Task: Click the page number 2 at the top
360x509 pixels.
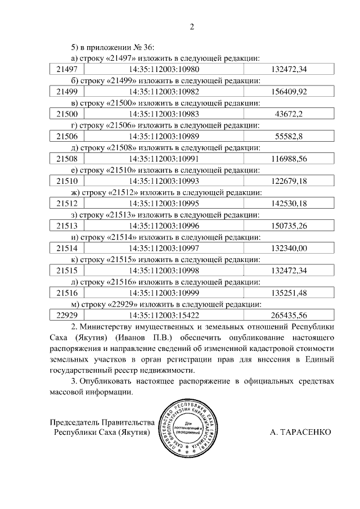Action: pos(191,26)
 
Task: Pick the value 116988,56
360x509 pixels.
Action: pos(289,159)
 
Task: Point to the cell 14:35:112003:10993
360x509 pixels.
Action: pos(164,181)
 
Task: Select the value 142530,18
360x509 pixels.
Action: pos(289,204)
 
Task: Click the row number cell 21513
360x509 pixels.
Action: pos(67,226)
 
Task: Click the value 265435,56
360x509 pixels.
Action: pos(289,316)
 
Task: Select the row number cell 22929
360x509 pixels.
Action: pos(67,316)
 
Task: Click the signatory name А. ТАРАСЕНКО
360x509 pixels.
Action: pos(301,432)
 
